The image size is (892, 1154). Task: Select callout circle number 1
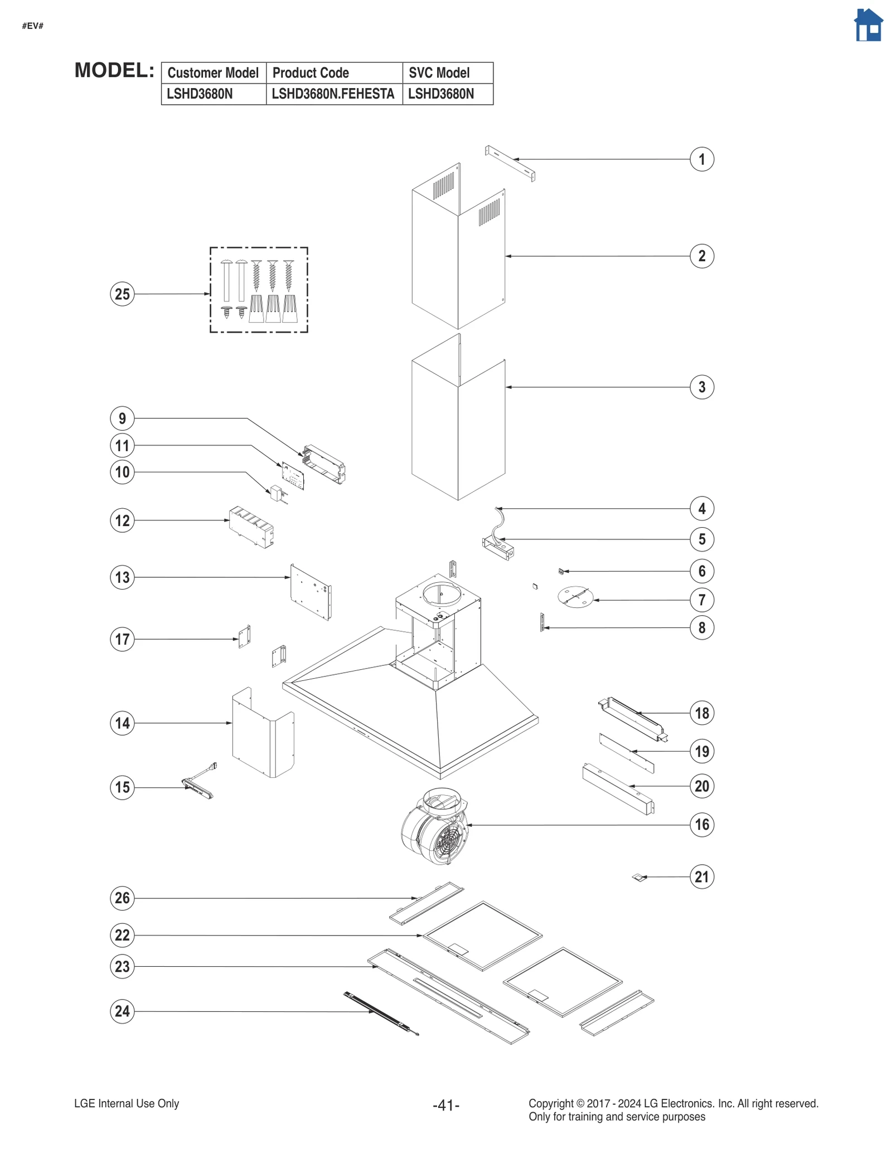tap(701, 159)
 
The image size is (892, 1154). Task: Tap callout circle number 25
tap(122, 294)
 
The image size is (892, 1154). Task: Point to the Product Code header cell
tap(334, 73)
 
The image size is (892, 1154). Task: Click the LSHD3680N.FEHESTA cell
tap(333, 94)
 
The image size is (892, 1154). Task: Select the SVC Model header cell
tap(447, 73)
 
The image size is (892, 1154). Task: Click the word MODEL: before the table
tap(114, 71)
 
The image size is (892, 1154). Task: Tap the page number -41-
tap(445, 1104)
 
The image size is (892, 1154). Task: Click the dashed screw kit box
tap(259, 290)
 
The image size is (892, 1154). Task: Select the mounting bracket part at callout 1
tap(510, 163)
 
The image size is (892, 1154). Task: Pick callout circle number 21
tap(701, 877)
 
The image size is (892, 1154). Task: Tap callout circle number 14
tap(122, 723)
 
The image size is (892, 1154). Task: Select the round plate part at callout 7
tap(575, 597)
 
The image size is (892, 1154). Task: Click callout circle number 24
tap(122, 1011)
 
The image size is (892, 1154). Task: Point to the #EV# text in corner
tap(33, 26)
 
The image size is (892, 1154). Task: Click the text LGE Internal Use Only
tap(127, 1103)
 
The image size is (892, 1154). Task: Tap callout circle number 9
tap(122, 418)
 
